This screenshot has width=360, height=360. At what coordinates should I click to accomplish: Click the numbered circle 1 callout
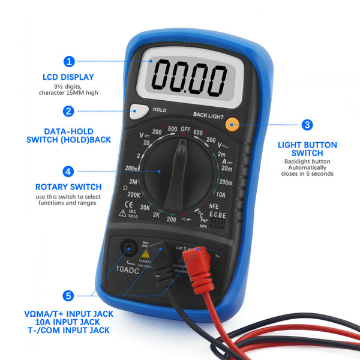tap(70, 61)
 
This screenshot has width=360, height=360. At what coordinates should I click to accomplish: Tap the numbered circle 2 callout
tap(70, 111)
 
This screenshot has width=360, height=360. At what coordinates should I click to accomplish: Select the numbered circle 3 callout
tap(307, 125)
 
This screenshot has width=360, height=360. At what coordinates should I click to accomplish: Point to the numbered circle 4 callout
tap(70, 170)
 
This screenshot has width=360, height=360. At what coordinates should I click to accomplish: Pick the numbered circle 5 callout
tap(69, 296)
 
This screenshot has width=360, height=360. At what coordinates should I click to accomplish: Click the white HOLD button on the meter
tap(139, 111)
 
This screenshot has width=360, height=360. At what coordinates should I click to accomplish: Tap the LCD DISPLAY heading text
tap(68, 77)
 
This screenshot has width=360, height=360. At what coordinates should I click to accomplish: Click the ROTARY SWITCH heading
tap(68, 187)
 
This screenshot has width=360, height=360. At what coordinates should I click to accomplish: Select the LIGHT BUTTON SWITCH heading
tap(307, 149)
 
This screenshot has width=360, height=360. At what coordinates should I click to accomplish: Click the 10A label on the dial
tap(220, 194)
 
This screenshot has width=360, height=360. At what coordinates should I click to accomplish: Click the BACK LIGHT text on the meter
tap(208, 114)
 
